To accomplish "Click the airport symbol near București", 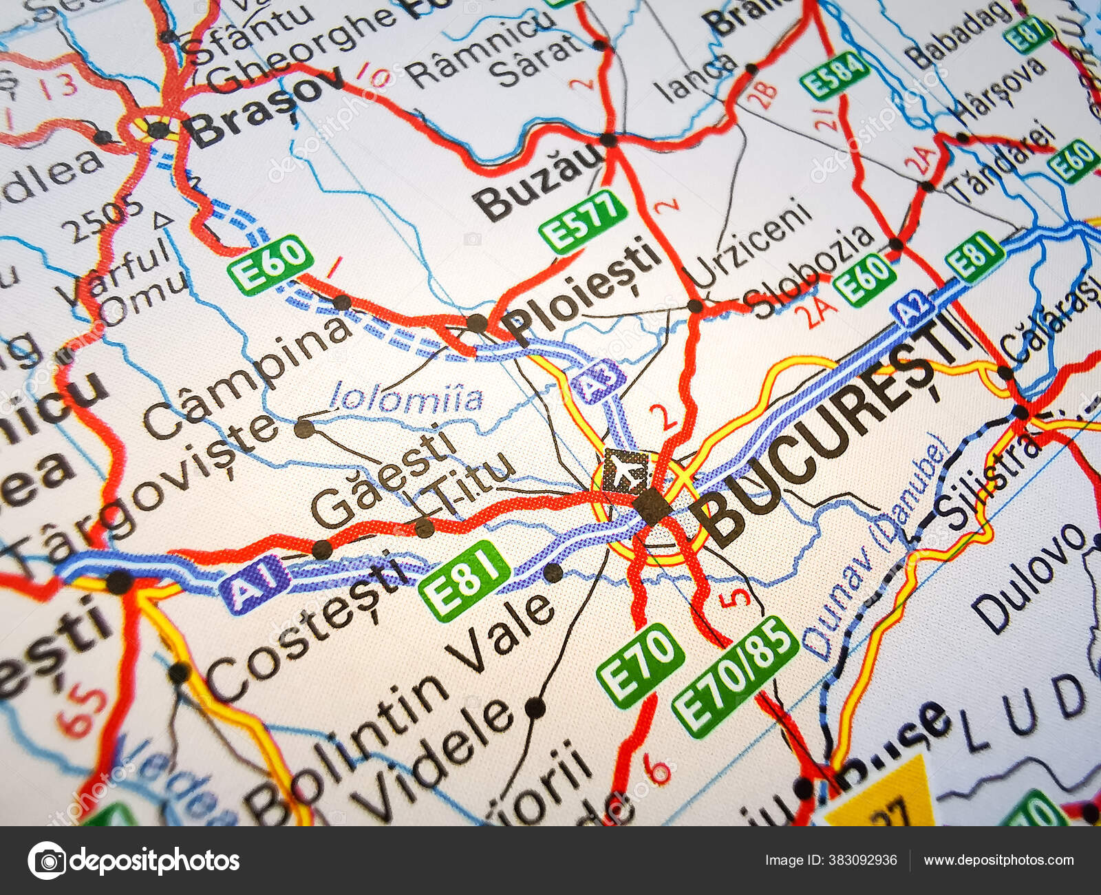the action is tap(626, 471).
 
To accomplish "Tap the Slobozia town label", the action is tap(812, 272).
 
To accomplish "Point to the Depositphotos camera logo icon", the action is tap(47, 860).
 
